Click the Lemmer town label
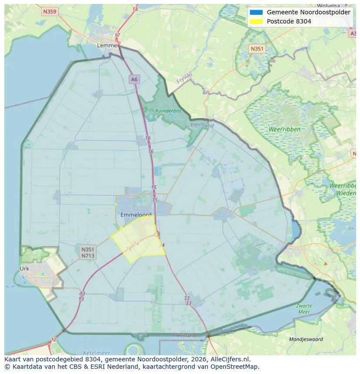pos(108,45)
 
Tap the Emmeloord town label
pos(136,215)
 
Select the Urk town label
pos(24,268)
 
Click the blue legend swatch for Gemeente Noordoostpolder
pos(256,12)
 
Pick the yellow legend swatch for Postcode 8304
pos(256,21)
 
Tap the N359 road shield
pos(50,12)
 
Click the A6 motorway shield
pos(134,79)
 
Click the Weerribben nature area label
pos(285,129)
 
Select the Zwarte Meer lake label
pos(304,309)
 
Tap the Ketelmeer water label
pos(96,353)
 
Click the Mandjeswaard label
pos(306,339)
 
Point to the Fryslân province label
pos(184,78)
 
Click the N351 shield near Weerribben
pos(257,49)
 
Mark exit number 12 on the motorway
pos(53,339)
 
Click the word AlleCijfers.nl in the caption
pos(229,359)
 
